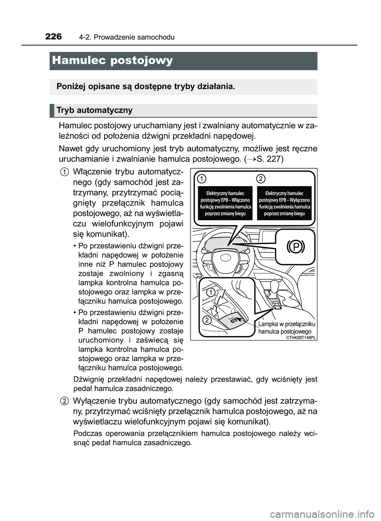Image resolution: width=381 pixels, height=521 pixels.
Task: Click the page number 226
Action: [53, 37]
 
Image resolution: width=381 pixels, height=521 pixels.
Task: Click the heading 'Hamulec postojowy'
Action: [112, 61]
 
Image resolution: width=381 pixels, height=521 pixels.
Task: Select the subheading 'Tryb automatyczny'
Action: [94, 110]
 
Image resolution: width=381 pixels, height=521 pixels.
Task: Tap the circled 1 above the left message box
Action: [202, 179]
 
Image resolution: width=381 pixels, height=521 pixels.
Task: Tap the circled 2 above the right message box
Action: [260, 179]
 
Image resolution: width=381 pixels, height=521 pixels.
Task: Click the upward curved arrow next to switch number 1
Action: [219, 296]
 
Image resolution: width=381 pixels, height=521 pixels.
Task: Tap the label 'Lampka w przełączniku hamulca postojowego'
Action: [286, 328]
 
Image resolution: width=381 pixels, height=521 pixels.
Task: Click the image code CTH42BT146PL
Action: [300, 337]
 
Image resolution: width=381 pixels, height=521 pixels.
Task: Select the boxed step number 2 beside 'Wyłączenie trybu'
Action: [63, 401]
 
